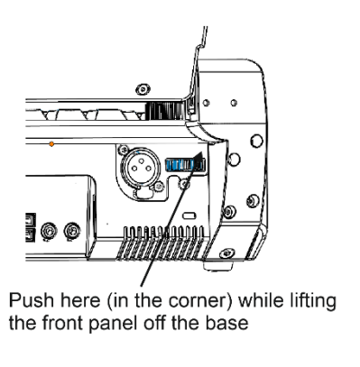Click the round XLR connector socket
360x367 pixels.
140,167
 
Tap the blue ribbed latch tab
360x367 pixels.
185,165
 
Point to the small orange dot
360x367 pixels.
51,144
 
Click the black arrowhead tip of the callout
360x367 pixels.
202,152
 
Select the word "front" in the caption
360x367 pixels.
62,323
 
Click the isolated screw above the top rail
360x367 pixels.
143,89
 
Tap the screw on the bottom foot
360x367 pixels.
227,253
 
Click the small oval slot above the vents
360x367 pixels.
189,216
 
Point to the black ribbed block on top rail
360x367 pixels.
164,110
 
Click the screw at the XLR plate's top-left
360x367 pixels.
123,149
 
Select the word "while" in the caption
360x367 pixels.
261,300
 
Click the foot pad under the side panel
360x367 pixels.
218,266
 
